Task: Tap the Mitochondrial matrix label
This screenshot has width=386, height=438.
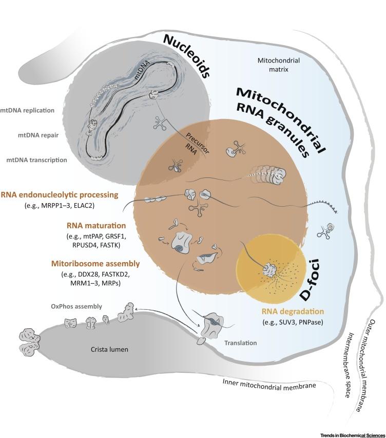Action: click(x=279, y=66)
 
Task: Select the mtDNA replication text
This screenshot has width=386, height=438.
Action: click(x=34, y=110)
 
